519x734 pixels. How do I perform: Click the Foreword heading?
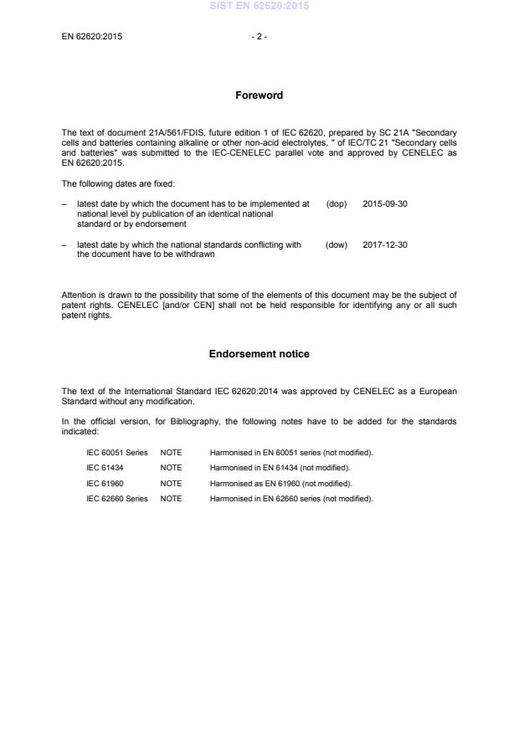259,95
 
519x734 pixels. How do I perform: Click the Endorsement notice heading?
259,354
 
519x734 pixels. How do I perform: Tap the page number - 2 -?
259,36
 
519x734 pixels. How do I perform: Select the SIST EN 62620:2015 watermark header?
259,6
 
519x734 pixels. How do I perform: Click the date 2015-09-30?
385,203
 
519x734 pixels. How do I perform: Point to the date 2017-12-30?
385,244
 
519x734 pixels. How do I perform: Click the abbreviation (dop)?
336,203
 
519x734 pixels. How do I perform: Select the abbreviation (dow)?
336,244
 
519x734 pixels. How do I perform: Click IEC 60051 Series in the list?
117,453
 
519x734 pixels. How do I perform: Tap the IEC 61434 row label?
105,468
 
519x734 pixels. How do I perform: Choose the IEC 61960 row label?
105,484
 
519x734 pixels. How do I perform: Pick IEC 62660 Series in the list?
117,499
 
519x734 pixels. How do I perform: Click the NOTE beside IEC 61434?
171,468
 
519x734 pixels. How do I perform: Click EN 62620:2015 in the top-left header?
92,36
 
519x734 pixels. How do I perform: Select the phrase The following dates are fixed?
118,182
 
